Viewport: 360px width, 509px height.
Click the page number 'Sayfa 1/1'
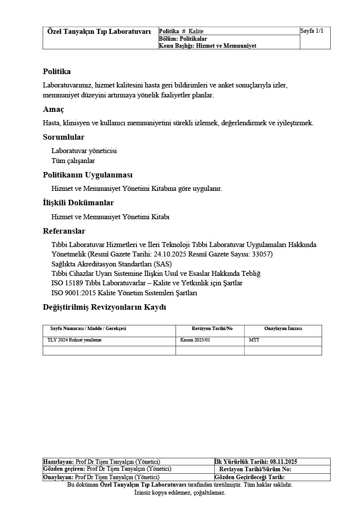[x=312, y=31]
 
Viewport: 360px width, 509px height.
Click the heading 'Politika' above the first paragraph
[x=57, y=72]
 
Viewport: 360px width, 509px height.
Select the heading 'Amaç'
[x=53, y=109]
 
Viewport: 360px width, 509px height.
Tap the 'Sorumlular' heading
[x=64, y=137]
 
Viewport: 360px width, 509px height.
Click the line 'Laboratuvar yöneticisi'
[x=84, y=151]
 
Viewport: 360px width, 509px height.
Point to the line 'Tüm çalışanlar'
[x=73, y=161]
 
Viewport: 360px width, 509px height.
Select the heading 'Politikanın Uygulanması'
[x=88, y=175]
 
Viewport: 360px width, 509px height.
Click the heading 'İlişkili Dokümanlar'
[x=78, y=203]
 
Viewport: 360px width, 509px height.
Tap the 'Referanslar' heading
[x=64, y=231]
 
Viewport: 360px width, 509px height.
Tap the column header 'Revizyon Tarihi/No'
[x=212, y=329]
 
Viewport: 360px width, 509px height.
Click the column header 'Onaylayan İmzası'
[x=283, y=329]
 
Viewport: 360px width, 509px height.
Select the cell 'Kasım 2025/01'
[x=195, y=340]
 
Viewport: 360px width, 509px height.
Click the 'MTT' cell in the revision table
[x=254, y=340]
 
